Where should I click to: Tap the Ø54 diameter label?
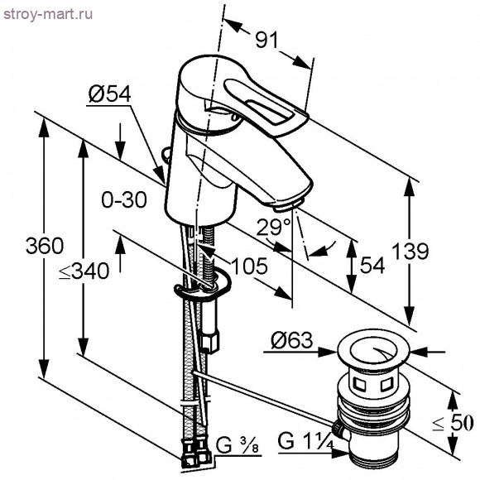108,95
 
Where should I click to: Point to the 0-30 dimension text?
123,199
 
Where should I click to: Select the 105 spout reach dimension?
249,266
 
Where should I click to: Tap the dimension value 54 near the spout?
373,265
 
